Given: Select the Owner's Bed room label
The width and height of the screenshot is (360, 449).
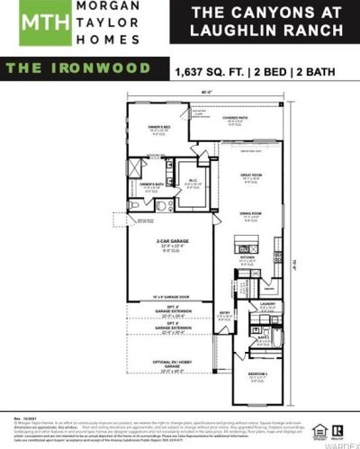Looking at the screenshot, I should [159, 129].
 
